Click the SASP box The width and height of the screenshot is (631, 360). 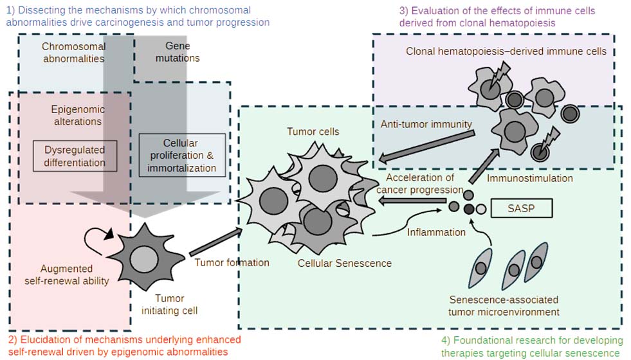521,208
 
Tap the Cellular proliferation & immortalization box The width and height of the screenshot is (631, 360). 182,155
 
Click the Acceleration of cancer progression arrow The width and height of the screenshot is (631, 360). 412,202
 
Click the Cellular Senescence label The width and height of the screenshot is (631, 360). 345,262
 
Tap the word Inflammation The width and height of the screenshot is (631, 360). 436,231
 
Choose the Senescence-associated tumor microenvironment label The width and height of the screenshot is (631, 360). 504,306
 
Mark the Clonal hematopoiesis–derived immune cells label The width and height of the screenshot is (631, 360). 506,51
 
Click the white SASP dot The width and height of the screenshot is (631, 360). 480,208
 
